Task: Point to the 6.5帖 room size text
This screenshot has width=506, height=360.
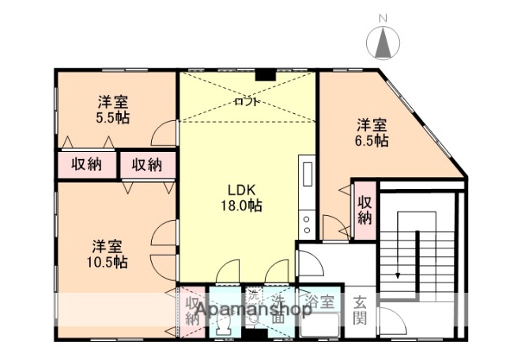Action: [372, 140]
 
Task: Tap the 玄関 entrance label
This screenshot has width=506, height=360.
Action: [360, 310]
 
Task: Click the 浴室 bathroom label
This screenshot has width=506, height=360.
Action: [321, 301]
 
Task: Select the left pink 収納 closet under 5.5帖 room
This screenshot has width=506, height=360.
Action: [87, 165]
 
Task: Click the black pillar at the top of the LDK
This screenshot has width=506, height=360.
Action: [264, 76]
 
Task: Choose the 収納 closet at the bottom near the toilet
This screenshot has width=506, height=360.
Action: [192, 311]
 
